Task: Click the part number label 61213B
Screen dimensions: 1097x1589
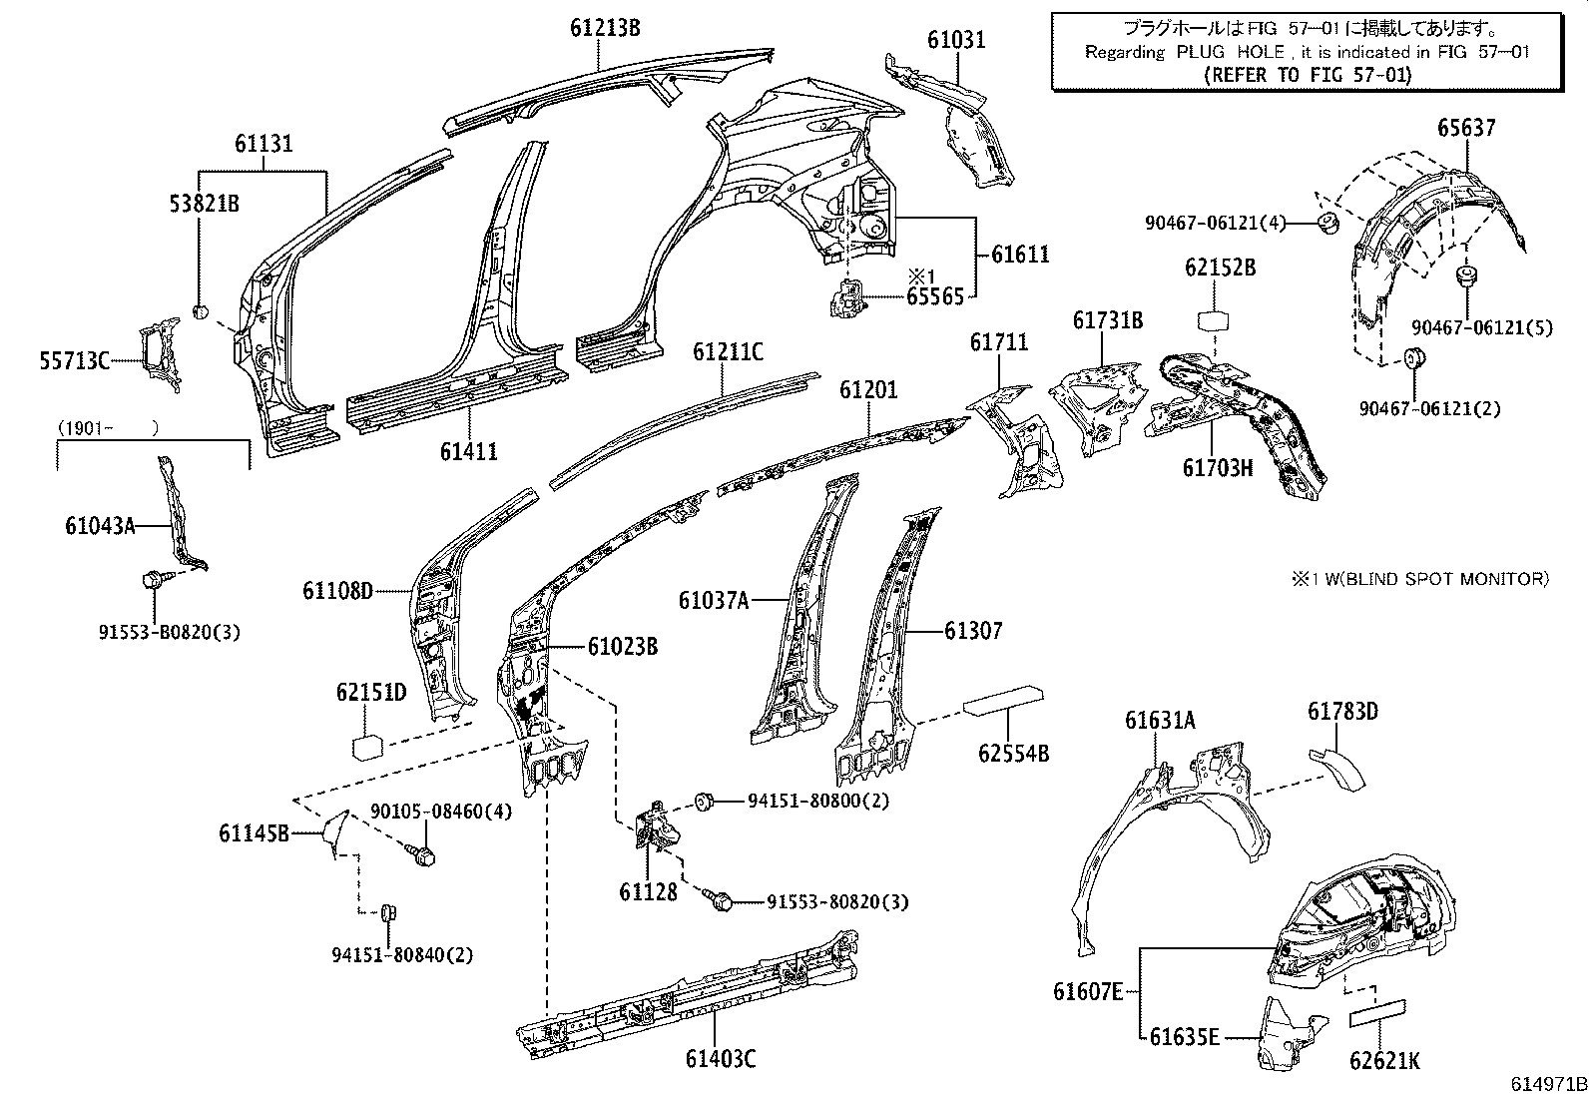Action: coord(605,27)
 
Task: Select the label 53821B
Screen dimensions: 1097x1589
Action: coord(203,204)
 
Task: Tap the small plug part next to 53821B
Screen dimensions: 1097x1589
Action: coord(200,312)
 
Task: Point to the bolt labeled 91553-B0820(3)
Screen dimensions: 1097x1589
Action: coord(156,579)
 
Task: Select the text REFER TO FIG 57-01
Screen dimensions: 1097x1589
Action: coord(1307,74)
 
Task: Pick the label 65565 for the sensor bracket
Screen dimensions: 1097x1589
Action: coord(935,296)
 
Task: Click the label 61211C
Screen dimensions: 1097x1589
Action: coord(728,351)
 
